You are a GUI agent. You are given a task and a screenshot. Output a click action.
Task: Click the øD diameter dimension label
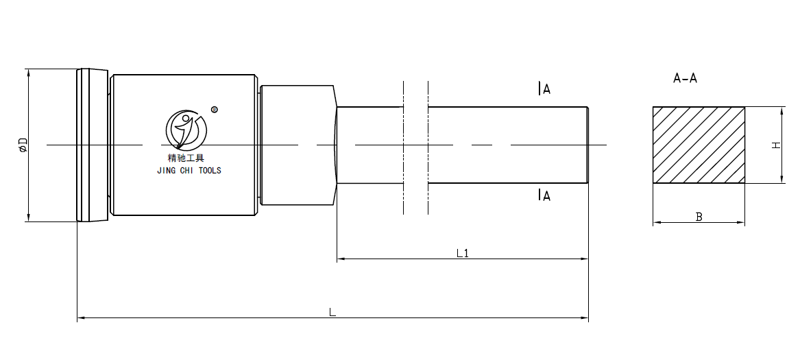pos(23,145)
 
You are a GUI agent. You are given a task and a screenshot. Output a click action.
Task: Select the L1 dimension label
pos(463,253)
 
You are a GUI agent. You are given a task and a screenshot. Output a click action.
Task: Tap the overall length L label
pos(332,312)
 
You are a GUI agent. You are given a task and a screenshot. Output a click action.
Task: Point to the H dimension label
pos(776,145)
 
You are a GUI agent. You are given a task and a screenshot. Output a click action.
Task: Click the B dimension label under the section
pos(699,217)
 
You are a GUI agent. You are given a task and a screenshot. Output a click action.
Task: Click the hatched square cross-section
pos(698,145)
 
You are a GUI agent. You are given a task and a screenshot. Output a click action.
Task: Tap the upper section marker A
pos(545,88)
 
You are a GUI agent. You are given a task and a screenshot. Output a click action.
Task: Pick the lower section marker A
pos(545,195)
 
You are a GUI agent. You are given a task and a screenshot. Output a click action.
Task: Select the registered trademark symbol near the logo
pos(214,109)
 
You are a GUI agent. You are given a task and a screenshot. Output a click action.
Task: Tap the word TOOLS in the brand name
pos(210,171)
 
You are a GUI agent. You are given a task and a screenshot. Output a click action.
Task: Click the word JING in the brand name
pos(167,171)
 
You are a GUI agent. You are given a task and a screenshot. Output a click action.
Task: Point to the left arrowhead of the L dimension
pos(80,318)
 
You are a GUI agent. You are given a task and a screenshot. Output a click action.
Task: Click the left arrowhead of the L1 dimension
pos(339,259)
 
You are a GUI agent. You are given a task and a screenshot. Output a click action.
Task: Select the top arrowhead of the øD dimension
pos(28,72)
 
